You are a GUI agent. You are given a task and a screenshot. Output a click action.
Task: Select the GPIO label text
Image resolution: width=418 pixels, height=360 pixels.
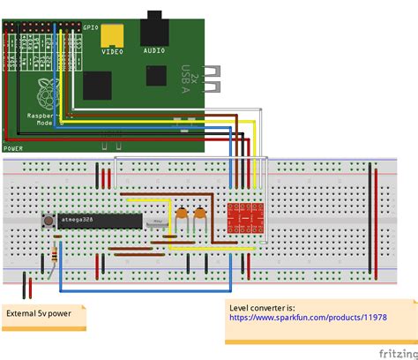pos(91,27)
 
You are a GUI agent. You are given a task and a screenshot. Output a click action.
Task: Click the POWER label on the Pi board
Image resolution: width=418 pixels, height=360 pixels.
pos(13,148)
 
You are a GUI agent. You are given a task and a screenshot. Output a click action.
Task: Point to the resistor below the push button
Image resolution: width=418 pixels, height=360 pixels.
pos(57,256)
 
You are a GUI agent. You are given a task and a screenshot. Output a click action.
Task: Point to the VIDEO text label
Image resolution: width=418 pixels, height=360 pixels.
pos(112,52)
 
